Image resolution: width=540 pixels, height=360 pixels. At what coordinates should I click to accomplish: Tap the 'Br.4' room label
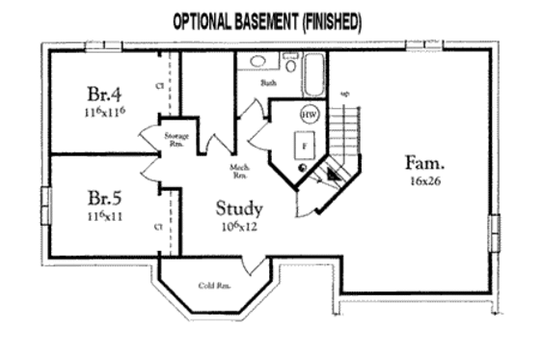click(x=104, y=95)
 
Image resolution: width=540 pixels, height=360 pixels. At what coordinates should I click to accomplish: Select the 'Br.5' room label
click(x=104, y=199)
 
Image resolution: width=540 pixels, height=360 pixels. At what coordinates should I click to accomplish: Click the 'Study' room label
click(x=239, y=208)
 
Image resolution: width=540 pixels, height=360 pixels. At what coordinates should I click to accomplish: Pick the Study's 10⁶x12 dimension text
click(x=239, y=227)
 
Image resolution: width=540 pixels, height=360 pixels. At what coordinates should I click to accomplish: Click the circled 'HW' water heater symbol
click(x=310, y=114)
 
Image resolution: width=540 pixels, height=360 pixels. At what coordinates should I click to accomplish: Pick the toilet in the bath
click(x=290, y=64)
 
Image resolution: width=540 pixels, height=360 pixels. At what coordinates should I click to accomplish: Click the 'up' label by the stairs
click(x=344, y=94)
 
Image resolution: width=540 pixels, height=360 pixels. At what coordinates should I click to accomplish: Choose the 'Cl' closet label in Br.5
click(x=157, y=227)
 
